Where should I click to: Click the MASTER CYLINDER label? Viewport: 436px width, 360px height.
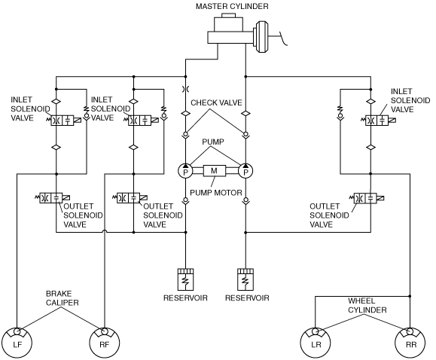[x=232, y=6]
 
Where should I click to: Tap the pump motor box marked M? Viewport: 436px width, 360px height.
[x=215, y=171]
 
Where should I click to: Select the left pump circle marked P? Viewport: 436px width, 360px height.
[x=185, y=171]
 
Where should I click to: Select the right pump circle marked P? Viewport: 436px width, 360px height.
[x=245, y=171]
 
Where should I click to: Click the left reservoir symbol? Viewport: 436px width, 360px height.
[x=185, y=279]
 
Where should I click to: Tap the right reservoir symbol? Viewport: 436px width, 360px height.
[x=245, y=279]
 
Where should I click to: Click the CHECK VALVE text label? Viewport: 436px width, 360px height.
[x=216, y=102]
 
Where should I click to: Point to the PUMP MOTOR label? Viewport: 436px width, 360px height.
[x=216, y=193]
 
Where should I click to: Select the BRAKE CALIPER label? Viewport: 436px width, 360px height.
[x=62, y=298]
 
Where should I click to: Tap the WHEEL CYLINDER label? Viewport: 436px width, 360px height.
[x=367, y=305]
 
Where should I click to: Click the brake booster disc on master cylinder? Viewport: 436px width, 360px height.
[x=262, y=36]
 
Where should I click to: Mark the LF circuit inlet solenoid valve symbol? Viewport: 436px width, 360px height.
[x=65, y=121]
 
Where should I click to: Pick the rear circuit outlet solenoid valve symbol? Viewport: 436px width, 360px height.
[x=367, y=198]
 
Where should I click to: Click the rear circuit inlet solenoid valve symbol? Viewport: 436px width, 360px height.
[x=379, y=121]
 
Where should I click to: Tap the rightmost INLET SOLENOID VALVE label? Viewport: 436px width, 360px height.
[x=410, y=100]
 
